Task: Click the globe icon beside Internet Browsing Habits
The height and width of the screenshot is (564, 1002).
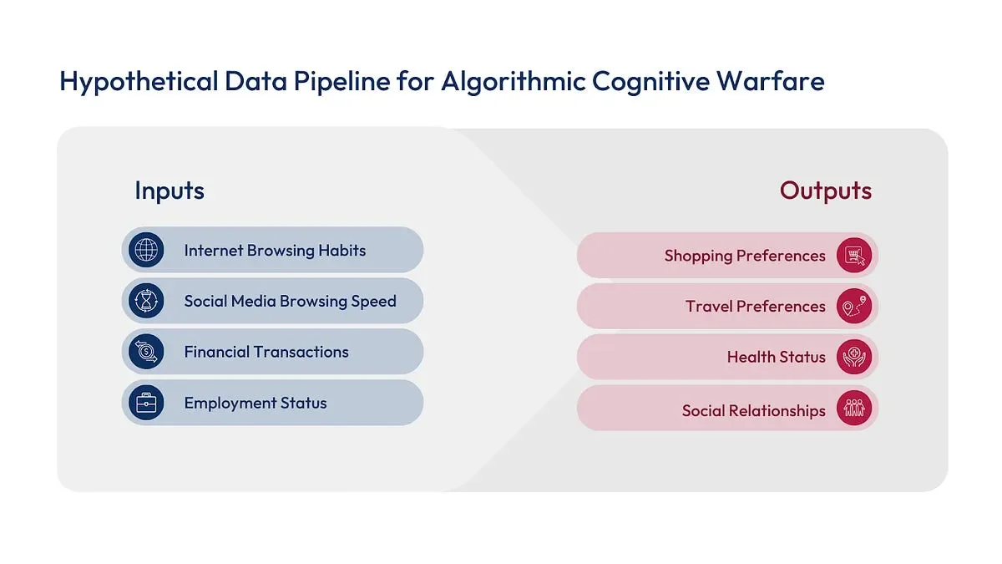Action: (x=146, y=250)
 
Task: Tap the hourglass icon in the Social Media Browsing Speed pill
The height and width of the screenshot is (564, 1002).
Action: (x=146, y=301)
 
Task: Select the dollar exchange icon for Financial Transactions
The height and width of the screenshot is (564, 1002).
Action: (x=146, y=352)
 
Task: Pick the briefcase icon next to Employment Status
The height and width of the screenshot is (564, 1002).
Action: (x=146, y=403)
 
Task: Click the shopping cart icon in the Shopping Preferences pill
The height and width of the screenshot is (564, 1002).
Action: (x=854, y=255)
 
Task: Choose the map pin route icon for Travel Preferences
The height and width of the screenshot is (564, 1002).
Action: (x=854, y=306)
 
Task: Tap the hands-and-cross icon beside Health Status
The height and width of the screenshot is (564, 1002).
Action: (x=854, y=357)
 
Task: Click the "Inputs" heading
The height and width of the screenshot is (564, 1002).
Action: (x=170, y=191)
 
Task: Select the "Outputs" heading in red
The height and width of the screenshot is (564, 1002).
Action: (x=826, y=191)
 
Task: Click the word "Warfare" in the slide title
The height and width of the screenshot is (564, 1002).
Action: (x=771, y=81)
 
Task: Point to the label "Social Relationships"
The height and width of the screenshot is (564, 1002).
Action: (x=754, y=410)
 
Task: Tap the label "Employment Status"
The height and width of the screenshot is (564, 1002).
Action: (x=256, y=403)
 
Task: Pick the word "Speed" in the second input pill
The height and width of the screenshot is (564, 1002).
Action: (x=373, y=302)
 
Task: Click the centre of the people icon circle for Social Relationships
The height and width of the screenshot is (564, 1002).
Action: (x=854, y=408)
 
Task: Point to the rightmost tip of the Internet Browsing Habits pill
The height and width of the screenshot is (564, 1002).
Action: (x=423, y=250)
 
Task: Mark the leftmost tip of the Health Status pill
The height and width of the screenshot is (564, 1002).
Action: (x=577, y=357)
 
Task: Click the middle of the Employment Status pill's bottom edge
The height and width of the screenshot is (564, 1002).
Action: (x=272, y=425)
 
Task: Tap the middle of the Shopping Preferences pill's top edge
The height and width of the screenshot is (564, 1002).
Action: (x=727, y=232)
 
